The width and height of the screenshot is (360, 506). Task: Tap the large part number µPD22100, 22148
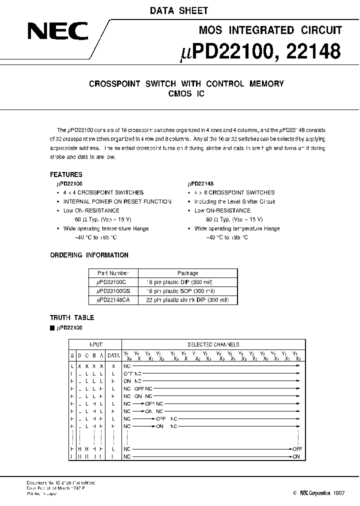pyautogui.click(x=259, y=50)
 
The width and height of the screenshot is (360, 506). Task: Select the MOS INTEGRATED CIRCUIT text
pyautogui.click(x=270, y=30)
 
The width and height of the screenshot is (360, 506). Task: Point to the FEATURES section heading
pyautogui.click(x=66, y=175)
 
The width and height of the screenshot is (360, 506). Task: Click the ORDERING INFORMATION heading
pyautogui.click(x=89, y=255)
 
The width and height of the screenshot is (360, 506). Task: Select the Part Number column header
pyautogui.click(x=113, y=273)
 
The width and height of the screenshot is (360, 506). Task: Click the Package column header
pyautogui.click(x=188, y=273)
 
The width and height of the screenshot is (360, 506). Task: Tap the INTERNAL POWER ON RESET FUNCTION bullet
pyautogui.click(x=117, y=201)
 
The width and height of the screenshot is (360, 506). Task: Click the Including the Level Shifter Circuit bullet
pyautogui.click(x=235, y=201)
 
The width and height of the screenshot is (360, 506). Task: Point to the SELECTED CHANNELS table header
pyautogui.click(x=213, y=344)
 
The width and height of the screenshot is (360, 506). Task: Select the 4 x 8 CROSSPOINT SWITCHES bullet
pyautogui.click(x=234, y=192)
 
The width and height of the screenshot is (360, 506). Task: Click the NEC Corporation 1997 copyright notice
pyautogui.click(x=316, y=493)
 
